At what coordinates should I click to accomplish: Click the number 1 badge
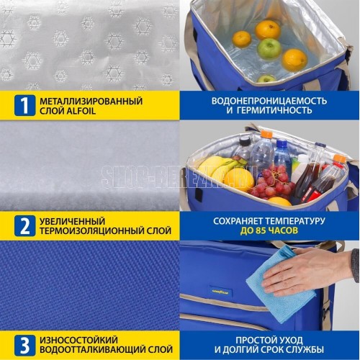click(24, 105)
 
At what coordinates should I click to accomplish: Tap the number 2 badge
click(24, 225)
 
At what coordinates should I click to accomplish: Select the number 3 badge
click(24, 345)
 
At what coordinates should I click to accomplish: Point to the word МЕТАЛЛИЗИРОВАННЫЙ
click(91, 101)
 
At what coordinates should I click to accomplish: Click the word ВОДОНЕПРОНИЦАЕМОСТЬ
click(269, 101)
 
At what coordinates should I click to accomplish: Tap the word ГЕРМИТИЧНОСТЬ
click(276, 110)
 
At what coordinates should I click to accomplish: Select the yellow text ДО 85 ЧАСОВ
click(269, 230)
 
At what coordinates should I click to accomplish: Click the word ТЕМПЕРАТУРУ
click(295, 221)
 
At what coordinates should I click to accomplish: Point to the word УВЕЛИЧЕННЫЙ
click(73, 221)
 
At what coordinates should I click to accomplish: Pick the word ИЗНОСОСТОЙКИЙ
click(78, 340)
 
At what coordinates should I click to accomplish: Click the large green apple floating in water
click(269, 49)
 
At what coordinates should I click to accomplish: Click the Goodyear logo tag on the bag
click(220, 292)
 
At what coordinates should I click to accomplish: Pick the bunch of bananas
click(220, 167)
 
